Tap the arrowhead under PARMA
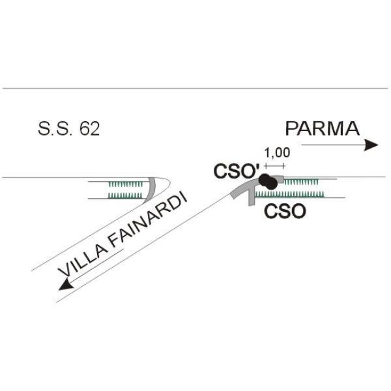[x=371, y=145]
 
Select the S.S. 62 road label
[x=68, y=129]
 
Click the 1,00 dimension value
[x=276, y=153]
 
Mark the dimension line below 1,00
[x=275, y=166]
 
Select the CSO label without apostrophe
[x=285, y=212]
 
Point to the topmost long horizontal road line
[x=195, y=88]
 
